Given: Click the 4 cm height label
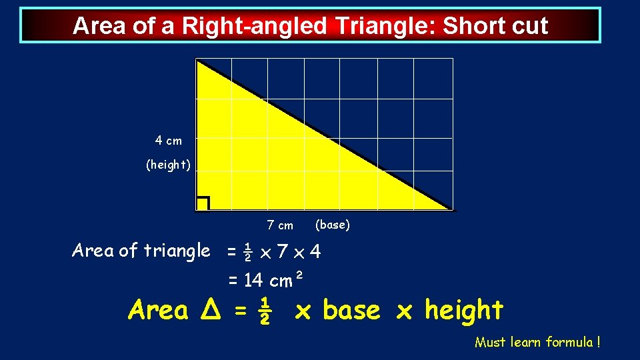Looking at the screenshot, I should pos(168,141).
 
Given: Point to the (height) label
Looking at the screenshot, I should pos(169,165).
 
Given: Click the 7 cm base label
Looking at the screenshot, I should pos(280,225).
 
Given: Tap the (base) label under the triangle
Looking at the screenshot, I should pos(332,225).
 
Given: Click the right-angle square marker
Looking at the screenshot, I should pos(203,203).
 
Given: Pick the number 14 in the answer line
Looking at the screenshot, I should pos(253,281).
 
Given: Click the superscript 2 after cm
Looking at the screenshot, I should pos(299,275).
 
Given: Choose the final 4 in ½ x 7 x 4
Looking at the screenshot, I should pos(315,253).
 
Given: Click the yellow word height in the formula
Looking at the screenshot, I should pos(464,310).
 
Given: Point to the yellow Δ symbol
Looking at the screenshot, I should pos(207,310).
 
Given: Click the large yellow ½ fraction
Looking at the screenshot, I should pos(264,310).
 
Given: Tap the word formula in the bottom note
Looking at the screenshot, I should pos(569,343).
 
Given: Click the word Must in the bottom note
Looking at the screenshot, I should pos(490,343).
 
